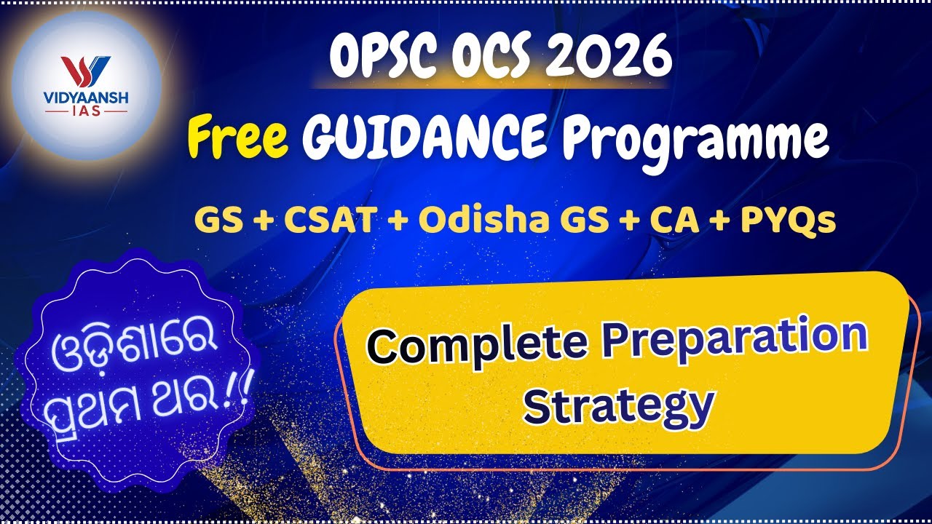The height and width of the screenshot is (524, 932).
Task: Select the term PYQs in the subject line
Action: tap(787, 219)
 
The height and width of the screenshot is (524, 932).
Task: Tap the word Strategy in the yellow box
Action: tap(617, 406)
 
